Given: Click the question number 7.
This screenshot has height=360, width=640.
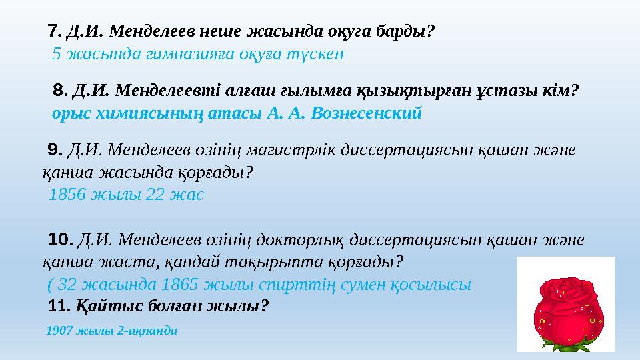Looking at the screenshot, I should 55,31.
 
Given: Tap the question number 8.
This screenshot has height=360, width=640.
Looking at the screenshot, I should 60,89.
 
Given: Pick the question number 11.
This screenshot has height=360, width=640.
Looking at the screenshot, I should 59,306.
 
